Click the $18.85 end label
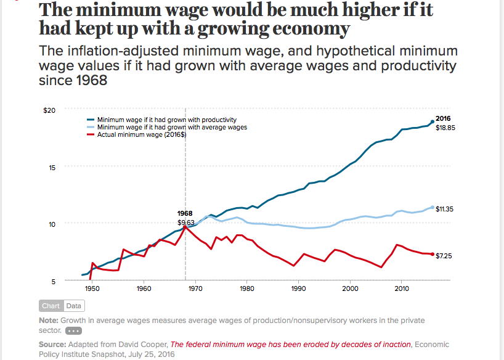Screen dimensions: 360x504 tap(445, 128)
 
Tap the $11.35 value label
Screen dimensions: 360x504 tap(444, 209)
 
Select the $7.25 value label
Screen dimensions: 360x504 tap(444, 255)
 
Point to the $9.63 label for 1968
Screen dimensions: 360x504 tap(185, 222)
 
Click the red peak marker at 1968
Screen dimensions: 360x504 tap(185, 227)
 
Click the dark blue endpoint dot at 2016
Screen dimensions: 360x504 tap(433, 121)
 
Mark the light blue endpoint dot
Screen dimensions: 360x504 tap(433, 208)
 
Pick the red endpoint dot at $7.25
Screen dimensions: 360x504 tap(433, 255)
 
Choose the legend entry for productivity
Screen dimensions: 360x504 tap(166, 120)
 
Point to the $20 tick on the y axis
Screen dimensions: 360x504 tap(49, 110)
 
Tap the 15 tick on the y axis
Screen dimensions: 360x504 tap(52, 167)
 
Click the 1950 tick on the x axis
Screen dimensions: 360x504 tap(92, 288)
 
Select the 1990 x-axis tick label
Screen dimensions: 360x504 tap(298, 288)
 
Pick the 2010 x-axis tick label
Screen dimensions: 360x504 tap(402, 288)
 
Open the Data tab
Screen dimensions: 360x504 tap(73, 306)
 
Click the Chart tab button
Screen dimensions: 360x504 tap(51, 306)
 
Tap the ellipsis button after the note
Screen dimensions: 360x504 tap(73, 330)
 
